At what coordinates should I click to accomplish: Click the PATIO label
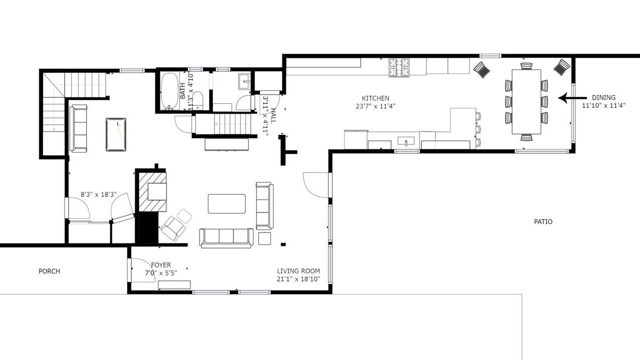(x=543, y=221)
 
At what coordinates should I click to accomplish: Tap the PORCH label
(x=49, y=271)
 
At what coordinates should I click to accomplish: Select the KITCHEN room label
(x=375, y=98)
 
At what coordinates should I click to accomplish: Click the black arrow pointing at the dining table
(x=572, y=98)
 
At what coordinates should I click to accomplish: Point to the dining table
(x=526, y=101)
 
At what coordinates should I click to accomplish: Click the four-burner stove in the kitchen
(x=399, y=67)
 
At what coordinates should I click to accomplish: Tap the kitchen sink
(x=405, y=141)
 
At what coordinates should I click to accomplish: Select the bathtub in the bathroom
(x=169, y=91)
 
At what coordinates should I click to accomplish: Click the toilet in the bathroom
(x=197, y=100)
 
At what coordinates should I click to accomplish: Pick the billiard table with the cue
(x=115, y=134)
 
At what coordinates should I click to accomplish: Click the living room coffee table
(x=226, y=203)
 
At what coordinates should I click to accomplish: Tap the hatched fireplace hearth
(x=152, y=191)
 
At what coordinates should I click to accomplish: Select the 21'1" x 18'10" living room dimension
(x=298, y=279)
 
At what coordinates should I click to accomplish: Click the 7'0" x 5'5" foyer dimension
(x=161, y=273)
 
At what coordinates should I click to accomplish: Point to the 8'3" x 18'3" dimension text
(x=98, y=194)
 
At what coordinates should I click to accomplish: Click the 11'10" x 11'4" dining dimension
(x=603, y=105)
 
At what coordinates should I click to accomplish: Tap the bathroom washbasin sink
(x=244, y=81)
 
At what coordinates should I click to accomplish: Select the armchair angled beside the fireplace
(x=173, y=228)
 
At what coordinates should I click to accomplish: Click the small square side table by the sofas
(x=264, y=238)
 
